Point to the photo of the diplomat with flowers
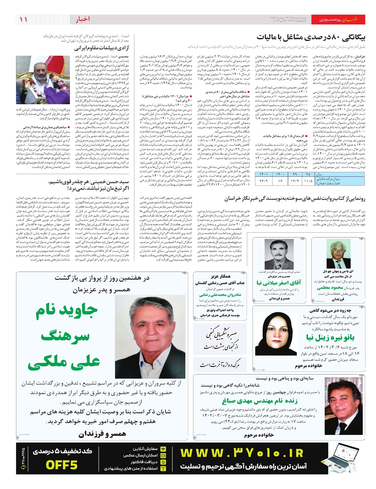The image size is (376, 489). point(43,80)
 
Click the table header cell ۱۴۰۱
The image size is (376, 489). point(264,174)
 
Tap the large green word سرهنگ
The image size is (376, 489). point(65,336)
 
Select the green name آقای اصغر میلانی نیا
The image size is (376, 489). point(279,283)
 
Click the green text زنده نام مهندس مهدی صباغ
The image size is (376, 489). point(260,401)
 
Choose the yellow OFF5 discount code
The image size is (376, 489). point(62,465)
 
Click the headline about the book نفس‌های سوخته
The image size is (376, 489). point(295,198)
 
